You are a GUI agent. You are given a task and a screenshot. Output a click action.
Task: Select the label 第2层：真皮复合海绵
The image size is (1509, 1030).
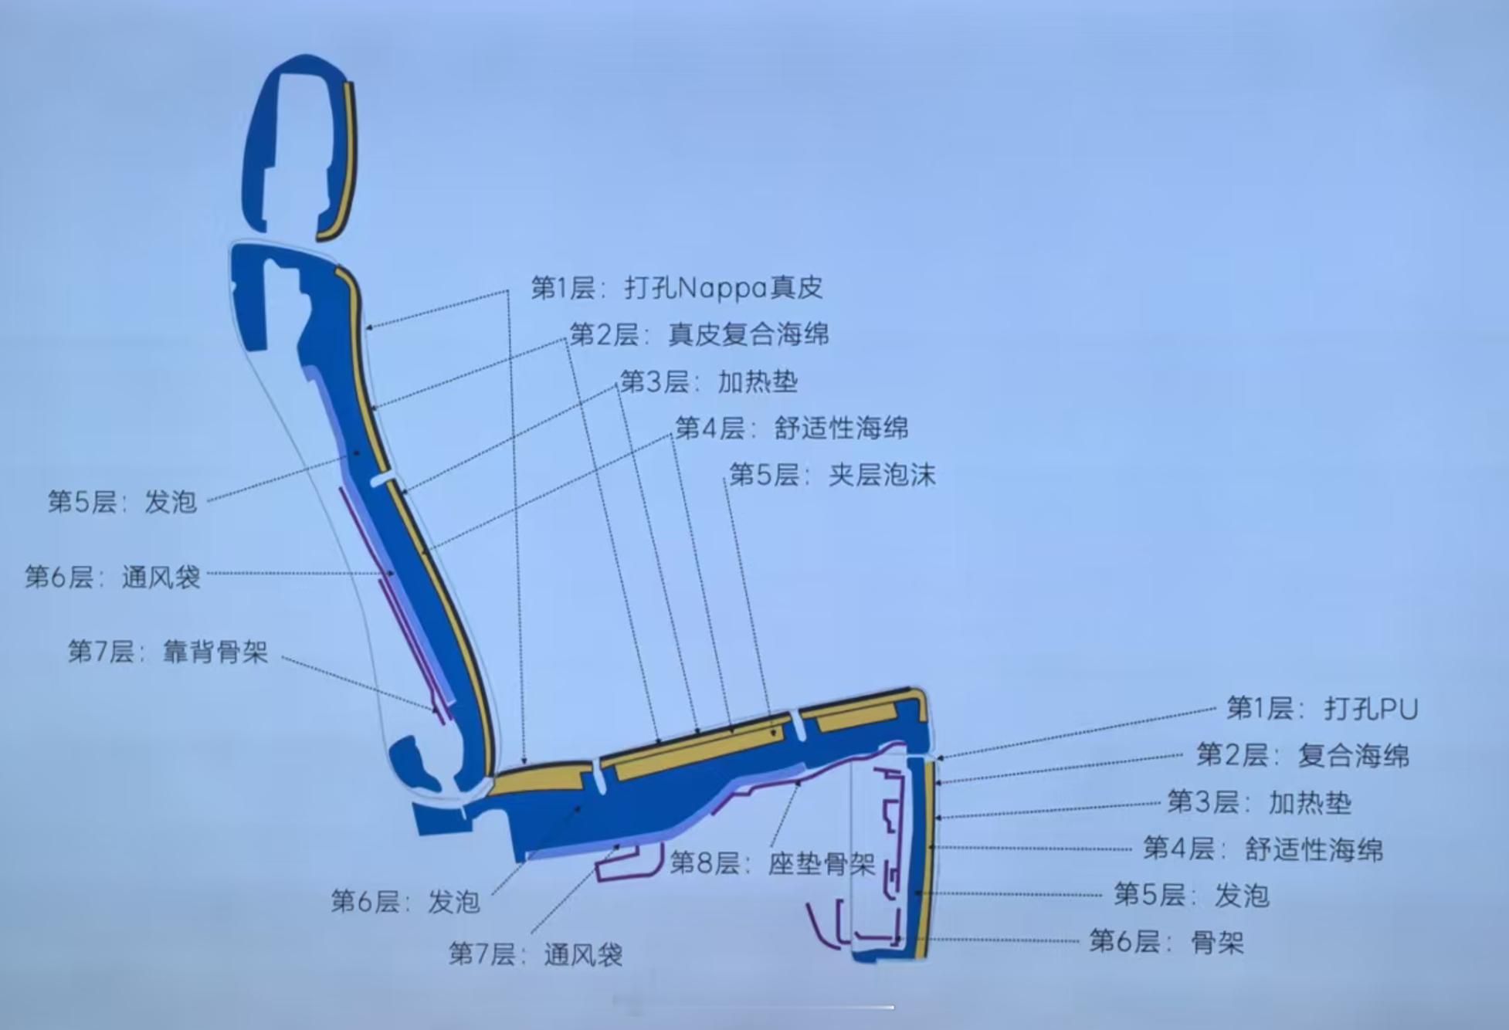point(699,334)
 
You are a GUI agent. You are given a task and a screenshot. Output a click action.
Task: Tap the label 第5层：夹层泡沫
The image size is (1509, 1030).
point(832,474)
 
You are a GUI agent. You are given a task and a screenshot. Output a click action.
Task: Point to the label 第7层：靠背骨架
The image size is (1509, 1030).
point(168,652)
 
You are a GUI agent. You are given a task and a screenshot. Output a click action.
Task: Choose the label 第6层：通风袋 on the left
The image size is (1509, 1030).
point(113,577)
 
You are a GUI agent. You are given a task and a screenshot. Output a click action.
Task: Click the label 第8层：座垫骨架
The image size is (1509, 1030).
point(771,863)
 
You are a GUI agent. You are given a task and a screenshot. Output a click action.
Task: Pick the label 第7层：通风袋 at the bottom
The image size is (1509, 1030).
point(535,954)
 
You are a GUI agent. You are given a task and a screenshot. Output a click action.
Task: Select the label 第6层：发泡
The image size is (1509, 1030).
point(405,901)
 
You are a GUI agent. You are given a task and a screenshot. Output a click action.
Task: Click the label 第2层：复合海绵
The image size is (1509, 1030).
point(1303,755)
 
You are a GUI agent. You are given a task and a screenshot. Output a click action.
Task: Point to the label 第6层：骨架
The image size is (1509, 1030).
point(1166,942)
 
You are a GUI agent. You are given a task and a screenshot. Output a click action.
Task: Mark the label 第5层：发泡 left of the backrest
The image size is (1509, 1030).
point(122,502)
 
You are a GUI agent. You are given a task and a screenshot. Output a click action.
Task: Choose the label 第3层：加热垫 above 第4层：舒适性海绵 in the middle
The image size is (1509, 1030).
point(709,381)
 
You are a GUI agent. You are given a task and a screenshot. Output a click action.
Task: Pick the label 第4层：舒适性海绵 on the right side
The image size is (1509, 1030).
point(1263,849)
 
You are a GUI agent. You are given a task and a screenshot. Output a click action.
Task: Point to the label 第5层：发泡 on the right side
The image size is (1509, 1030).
point(1191,896)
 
